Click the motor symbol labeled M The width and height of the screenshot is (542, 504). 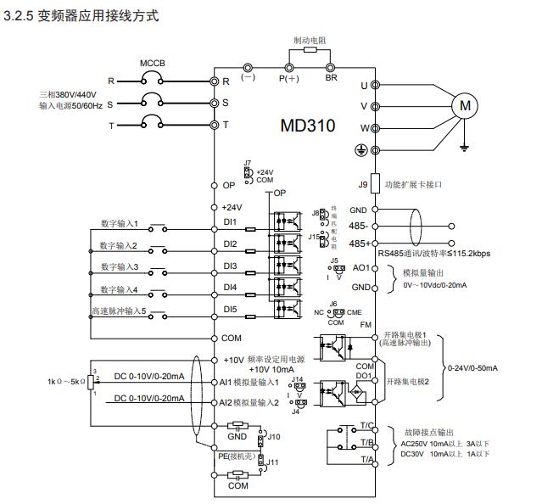tap(463, 106)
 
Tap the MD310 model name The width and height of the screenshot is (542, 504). tap(307, 126)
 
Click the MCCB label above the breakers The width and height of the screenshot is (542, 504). tap(152, 64)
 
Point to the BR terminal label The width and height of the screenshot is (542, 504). tap(332, 77)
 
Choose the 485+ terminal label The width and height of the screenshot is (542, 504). tap(358, 244)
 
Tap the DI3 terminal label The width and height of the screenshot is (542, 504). tap(230, 266)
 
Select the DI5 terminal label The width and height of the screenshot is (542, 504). tap(230, 309)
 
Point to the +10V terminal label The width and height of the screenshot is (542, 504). tap(234, 360)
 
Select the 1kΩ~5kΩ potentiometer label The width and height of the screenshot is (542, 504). tap(64, 381)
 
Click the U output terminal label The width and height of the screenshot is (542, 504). tap(364, 85)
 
